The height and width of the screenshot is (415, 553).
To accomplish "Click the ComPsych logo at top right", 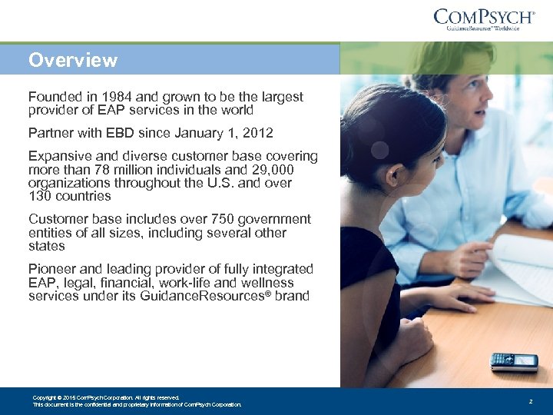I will (x=485, y=18).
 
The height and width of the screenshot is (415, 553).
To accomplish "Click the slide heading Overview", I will (x=73, y=60).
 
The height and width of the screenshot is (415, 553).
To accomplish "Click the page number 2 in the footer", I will (x=530, y=402).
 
